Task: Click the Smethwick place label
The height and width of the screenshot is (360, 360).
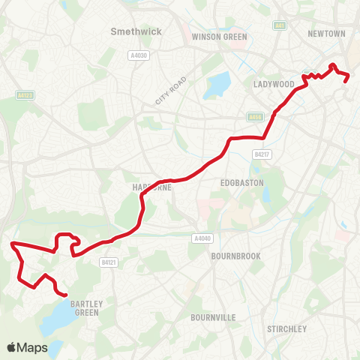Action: click(131, 31)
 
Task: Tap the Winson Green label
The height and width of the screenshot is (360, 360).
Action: click(214, 36)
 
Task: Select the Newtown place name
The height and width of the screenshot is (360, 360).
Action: click(326, 34)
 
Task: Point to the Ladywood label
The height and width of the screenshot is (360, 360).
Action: click(273, 84)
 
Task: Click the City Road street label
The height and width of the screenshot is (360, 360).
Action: click(169, 91)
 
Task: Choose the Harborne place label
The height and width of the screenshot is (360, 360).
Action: click(152, 187)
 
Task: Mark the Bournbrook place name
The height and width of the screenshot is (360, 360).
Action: click(235, 256)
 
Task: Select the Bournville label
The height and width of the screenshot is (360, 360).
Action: click(213, 317)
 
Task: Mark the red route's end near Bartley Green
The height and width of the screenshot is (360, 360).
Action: click(67, 295)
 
